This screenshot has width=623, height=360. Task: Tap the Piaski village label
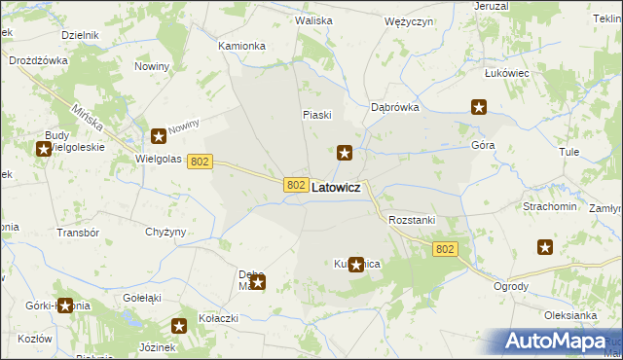click(x=316, y=115)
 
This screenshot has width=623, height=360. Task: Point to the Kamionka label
click(x=241, y=46)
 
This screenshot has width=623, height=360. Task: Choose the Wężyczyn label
click(x=409, y=20)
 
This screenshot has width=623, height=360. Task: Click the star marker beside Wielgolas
click(x=159, y=137)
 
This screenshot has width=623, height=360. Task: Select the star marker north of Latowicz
click(x=345, y=152)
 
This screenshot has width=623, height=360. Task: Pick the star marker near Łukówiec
click(x=479, y=107)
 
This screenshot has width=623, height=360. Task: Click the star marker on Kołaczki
click(x=179, y=327)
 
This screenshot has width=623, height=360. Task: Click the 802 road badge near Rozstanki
click(x=445, y=250)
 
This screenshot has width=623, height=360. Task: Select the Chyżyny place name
click(x=165, y=232)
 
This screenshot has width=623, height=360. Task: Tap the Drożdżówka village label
click(x=38, y=59)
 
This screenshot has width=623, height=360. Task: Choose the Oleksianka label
click(x=569, y=315)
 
